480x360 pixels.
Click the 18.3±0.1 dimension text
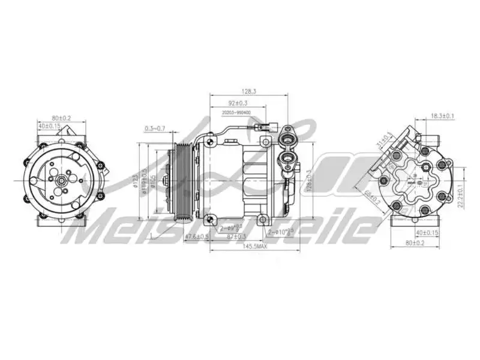[443, 116]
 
